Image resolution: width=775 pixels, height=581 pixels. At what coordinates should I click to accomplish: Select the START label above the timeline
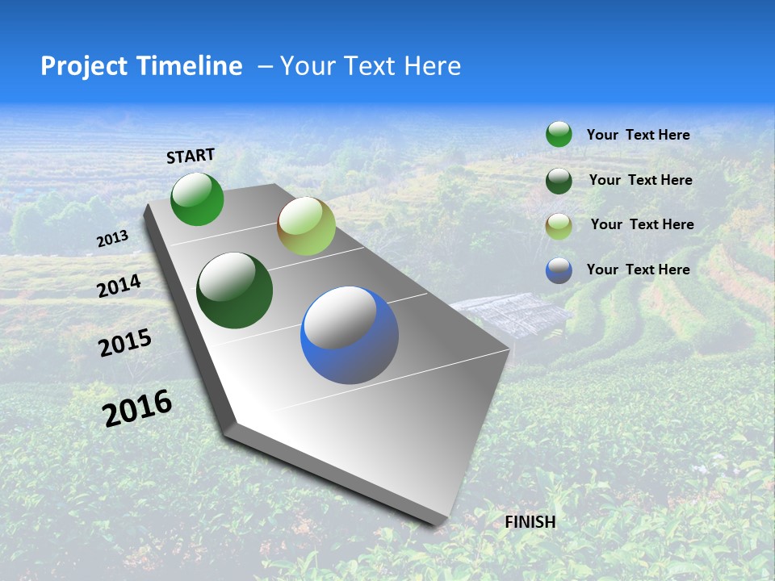(x=191, y=156)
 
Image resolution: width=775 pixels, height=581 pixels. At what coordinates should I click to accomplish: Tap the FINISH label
(x=530, y=522)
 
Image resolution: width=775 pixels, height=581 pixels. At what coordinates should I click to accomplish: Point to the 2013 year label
(x=112, y=239)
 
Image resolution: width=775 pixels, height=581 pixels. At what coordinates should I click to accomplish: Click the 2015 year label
(x=125, y=343)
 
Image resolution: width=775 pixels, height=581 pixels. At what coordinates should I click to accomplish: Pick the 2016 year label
(x=137, y=408)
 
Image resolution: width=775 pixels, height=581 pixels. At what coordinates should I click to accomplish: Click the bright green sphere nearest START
(x=197, y=199)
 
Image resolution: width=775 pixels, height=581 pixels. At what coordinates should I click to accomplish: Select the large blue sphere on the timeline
(x=350, y=334)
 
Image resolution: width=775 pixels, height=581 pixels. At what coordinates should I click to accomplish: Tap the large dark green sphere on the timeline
(x=234, y=290)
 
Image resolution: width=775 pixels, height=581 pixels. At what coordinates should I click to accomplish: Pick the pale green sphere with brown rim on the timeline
(x=306, y=226)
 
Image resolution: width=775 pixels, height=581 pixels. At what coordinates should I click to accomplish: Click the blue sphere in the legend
(x=559, y=270)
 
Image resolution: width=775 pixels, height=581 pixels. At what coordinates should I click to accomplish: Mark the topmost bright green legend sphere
(x=559, y=134)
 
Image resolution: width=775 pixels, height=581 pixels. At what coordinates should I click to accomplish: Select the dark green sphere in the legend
(x=559, y=181)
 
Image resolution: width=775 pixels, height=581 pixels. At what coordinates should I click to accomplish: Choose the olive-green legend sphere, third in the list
(x=559, y=226)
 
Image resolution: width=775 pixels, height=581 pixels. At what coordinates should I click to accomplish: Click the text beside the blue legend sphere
(x=638, y=270)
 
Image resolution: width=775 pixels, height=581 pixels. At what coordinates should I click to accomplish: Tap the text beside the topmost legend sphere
(x=638, y=135)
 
